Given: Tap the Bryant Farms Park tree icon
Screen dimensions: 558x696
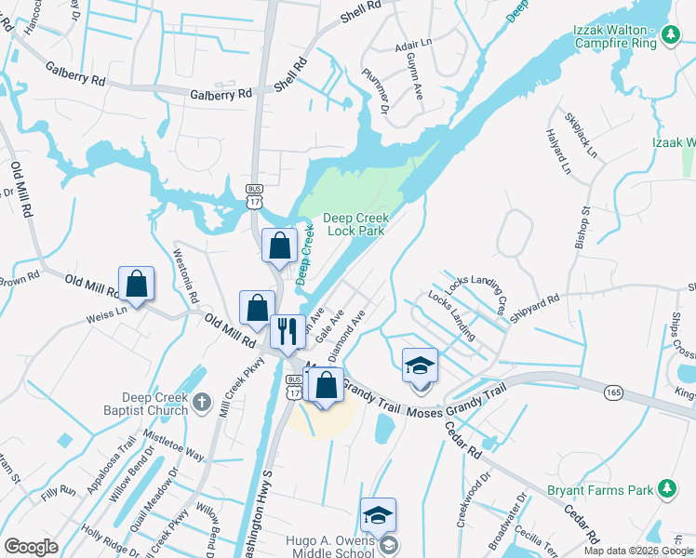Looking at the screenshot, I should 666,488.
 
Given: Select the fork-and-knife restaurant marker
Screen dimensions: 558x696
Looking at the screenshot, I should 288,330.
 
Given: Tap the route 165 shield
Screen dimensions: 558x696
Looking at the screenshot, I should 613,394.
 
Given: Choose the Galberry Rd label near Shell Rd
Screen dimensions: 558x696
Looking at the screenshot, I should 221,94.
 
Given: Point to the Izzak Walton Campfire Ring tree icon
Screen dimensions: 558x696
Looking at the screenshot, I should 669,34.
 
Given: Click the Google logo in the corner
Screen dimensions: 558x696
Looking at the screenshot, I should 31,547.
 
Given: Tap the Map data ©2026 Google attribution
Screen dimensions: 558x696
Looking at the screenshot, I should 638,551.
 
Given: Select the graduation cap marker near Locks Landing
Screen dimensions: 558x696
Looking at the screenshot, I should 420,365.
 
